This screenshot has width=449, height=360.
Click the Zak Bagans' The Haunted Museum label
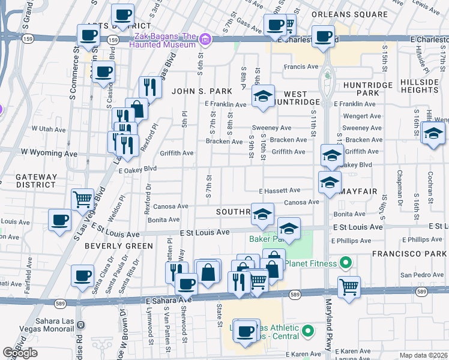(x=163, y=40)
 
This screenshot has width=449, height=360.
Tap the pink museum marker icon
(x=205, y=40)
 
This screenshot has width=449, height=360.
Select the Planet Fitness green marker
(x=345, y=263)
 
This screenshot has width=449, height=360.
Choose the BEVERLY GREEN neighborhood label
(x=118, y=246)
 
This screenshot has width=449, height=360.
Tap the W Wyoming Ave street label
(x=49, y=154)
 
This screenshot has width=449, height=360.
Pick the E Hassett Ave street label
(x=279, y=190)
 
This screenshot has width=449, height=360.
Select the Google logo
(x=20, y=353)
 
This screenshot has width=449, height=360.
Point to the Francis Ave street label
(x=301, y=67)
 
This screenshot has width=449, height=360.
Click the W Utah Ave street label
(x=49, y=128)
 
